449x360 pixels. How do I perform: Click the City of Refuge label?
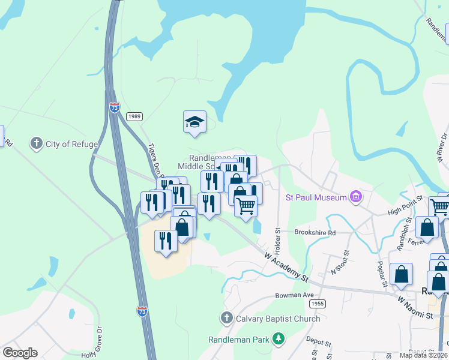[73, 144]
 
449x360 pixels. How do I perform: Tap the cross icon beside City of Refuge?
[37, 143]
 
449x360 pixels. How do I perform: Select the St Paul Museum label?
[316, 197]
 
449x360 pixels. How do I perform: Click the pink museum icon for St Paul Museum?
[356, 197]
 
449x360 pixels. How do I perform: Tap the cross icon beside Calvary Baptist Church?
[227, 318]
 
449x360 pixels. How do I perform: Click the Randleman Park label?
[238, 340]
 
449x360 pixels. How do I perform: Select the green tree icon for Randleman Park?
[279, 340]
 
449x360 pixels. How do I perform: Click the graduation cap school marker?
[194, 122]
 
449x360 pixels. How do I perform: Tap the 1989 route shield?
[134, 116]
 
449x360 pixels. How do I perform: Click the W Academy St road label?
[286, 267]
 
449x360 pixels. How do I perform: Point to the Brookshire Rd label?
[315, 232]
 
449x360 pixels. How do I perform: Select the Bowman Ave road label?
[295, 295]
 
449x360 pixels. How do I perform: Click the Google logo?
[20, 353]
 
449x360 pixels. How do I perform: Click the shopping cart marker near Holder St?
[246, 206]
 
